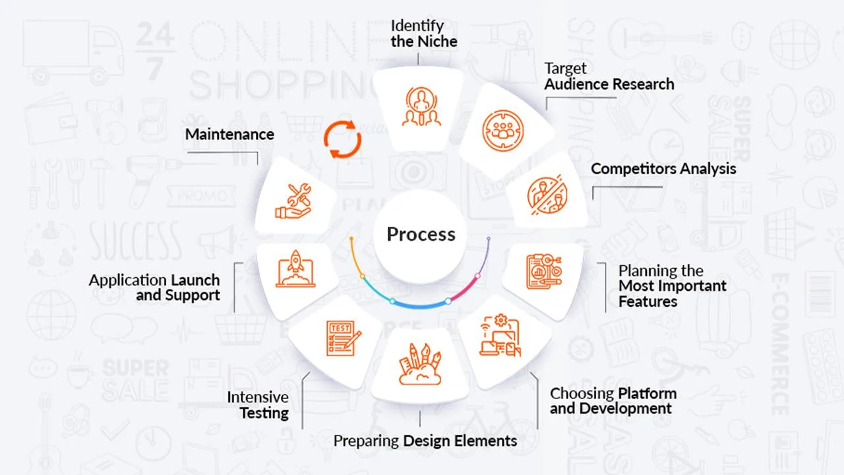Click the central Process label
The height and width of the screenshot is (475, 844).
(421, 234)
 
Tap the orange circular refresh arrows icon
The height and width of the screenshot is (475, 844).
(342, 139)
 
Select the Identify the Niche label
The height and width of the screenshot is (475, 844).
(423, 33)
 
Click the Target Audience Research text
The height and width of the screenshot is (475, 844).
(609, 77)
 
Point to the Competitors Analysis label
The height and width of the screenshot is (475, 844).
(663, 168)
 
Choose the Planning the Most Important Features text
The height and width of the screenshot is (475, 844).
(672, 286)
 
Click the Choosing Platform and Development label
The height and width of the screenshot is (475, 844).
(613, 401)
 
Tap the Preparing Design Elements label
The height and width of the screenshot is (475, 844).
(425, 441)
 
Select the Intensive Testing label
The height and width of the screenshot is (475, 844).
(258, 405)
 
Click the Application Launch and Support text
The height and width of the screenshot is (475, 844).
(155, 288)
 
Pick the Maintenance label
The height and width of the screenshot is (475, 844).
(229, 134)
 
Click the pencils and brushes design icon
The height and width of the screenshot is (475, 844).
(419, 364)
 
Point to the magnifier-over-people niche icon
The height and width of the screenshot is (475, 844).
(419, 106)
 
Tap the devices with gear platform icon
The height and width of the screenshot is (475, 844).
(499, 336)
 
